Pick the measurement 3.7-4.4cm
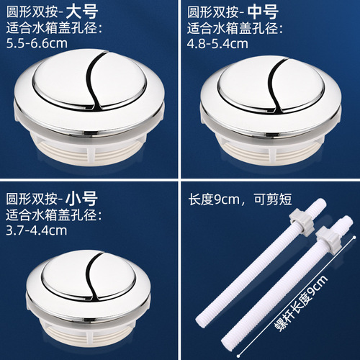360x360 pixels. [36, 230]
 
